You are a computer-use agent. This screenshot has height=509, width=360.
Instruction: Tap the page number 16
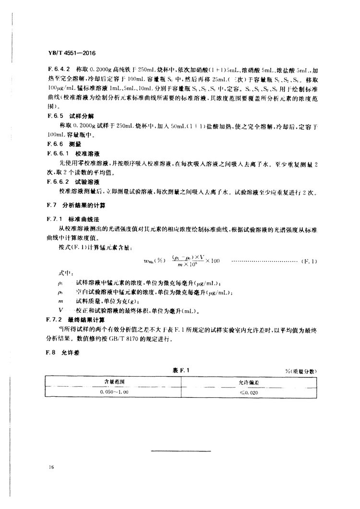51,466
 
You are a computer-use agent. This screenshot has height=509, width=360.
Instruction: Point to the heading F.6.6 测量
61,144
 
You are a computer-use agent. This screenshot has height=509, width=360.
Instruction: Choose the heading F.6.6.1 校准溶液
72,154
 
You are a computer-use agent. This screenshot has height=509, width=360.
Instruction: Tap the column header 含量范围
113,382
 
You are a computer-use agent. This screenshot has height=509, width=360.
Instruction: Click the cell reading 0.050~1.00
113,392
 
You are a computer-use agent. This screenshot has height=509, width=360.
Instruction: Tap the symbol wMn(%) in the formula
153,260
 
